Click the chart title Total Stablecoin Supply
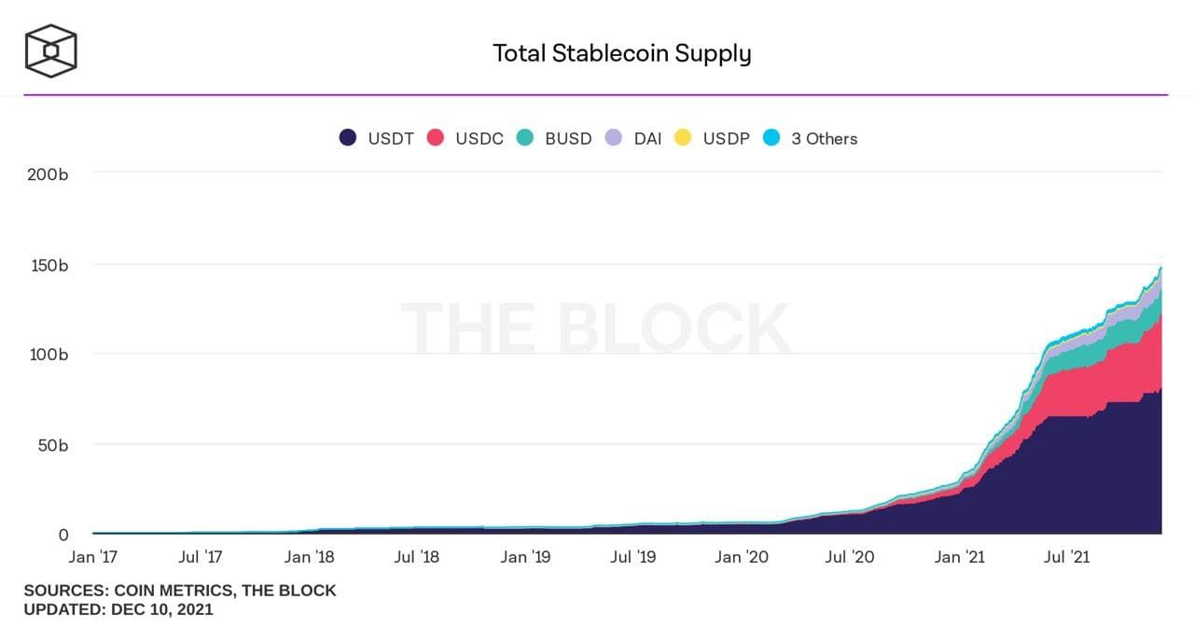pyautogui.click(x=621, y=53)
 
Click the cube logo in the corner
pyautogui.click(x=50, y=50)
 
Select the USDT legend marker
pyautogui.click(x=348, y=138)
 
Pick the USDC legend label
pyautogui.click(x=479, y=139)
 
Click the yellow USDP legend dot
pyautogui.click(x=683, y=138)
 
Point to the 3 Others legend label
pyautogui.click(x=824, y=139)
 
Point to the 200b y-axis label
pyautogui.click(x=49, y=174)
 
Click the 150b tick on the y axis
pyautogui.click(x=49, y=265)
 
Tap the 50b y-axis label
pyautogui.click(x=52, y=445)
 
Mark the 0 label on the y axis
pyautogui.click(x=63, y=535)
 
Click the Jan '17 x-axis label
pyautogui.click(x=94, y=558)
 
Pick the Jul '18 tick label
pyautogui.click(x=417, y=558)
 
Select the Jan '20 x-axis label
pyautogui.click(x=742, y=558)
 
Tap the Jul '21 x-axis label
pyautogui.click(x=1066, y=558)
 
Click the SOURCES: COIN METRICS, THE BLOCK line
pyautogui.click(x=179, y=591)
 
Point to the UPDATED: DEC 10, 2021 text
pyautogui.click(x=118, y=610)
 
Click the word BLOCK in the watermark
pyautogui.click(x=673, y=328)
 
